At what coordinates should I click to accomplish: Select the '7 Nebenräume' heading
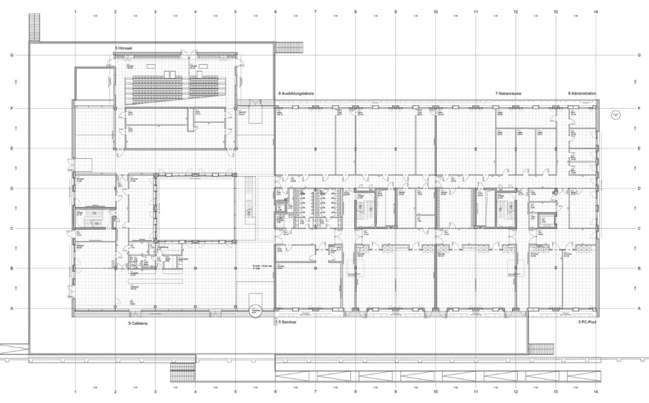[x=509, y=94]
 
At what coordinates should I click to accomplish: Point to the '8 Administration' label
[x=582, y=94]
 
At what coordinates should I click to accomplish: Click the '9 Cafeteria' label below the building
[x=138, y=323]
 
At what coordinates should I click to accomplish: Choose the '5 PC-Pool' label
[x=587, y=322]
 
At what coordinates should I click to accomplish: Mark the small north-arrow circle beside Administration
[x=616, y=115]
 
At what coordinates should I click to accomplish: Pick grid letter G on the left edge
[x=12, y=55]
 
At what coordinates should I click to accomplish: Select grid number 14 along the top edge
[x=595, y=11]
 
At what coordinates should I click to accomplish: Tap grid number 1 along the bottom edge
[x=75, y=391]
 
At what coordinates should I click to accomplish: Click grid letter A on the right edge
[x=639, y=308]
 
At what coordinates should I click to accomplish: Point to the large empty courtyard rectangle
[x=195, y=208]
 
